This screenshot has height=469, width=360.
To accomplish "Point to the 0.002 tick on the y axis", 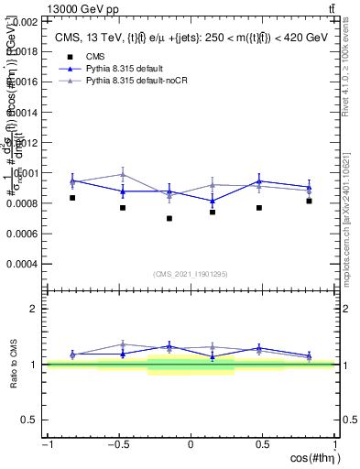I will click(27, 21).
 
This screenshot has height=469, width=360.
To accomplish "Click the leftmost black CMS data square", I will click(72, 198).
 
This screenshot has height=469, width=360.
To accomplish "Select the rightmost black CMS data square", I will click(310, 201).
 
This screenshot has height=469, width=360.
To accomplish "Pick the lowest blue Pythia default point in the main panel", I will click(213, 201).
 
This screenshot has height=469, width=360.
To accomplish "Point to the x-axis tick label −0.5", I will click(118, 445).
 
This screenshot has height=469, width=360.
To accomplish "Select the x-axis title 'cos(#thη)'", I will click(312, 458).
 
